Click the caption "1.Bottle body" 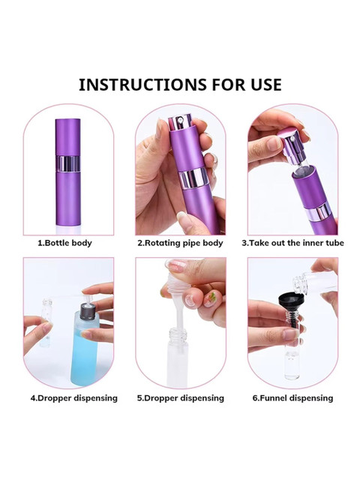pyautogui.click(x=64, y=243)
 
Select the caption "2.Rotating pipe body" pyautogui.click(x=180, y=243)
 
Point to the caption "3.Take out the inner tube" pyautogui.click(x=292, y=243)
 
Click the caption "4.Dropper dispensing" pyautogui.click(x=73, y=398)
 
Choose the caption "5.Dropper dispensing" pyautogui.click(x=180, y=398)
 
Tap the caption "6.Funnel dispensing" pyautogui.click(x=292, y=398)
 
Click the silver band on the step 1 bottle pyautogui.click(x=68, y=163)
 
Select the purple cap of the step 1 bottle pyautogui.click(x=68, y=137)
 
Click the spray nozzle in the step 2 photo pyautogui.click(x=180, y=121)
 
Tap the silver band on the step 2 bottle pyautogui.click(x=193, y=179)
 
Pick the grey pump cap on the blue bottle pyautogui.click(x=87, y=312)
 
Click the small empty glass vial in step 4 pyautogui.click(x=46, y=323)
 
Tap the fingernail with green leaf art pyautogui.click(x=210, y=299)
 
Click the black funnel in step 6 pyautogui.click(x=291, y=303)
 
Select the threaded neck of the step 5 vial pyautogui.click(x=178, y=336)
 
